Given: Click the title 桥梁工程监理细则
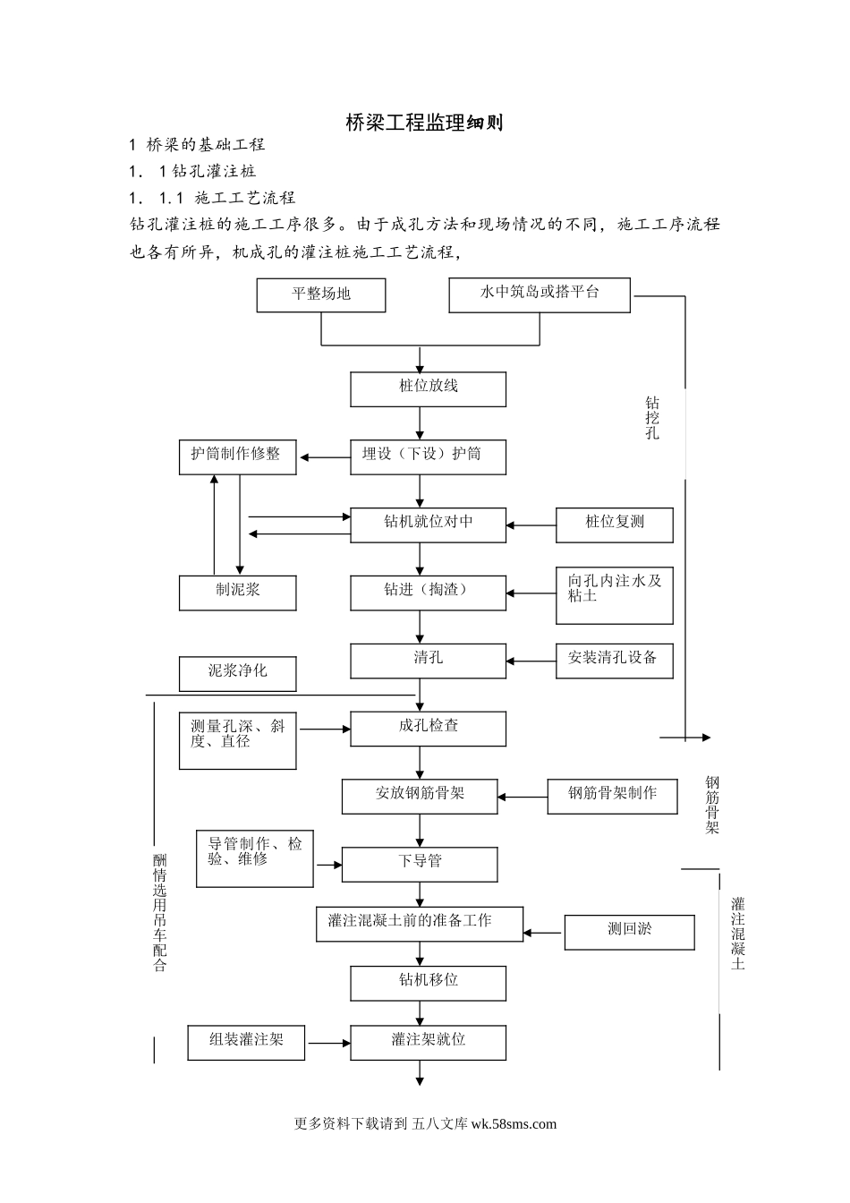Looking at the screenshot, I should [x=424, y=123].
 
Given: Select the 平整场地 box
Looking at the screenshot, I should [x=321, y=295].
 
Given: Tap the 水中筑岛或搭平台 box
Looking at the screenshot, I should [x=540, y=295].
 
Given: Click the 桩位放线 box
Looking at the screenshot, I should [x=428, y=389].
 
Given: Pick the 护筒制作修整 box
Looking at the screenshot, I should [x=237, y=457].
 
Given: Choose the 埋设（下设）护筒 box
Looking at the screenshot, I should [x=428, y=457].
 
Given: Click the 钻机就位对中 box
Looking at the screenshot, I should [x=428, y=525].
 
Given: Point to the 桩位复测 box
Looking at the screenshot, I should [x=615, y=525].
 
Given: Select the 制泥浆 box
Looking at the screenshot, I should [x=237, y=593].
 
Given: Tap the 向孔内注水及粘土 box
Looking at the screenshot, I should [x=615, y=595].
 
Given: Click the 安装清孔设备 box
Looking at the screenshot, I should [x=615, y=661].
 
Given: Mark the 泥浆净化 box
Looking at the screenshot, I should [x=237, y=673].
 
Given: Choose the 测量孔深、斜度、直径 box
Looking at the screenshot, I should [x=237, y=739].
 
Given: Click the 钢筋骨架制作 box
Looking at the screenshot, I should [x=613, y=797].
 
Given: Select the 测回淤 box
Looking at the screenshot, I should [x=629, y=932].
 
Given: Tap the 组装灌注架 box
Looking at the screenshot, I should [x=246, y=1043].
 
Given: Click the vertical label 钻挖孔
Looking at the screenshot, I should [x=652, y=419].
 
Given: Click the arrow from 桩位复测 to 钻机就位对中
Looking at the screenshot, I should [x=531, y=525].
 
